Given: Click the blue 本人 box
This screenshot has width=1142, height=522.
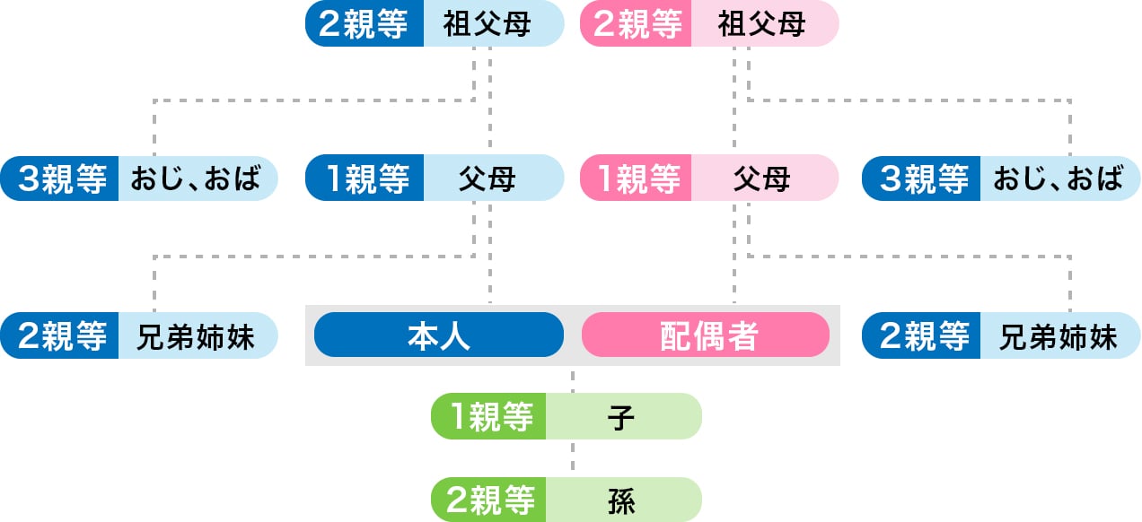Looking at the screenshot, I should (439, 335).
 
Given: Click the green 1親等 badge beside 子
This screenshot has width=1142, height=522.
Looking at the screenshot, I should (490, 417).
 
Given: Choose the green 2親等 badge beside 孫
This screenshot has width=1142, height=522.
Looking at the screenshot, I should (490, 500).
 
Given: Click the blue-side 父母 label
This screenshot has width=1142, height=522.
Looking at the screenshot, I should (488, 179).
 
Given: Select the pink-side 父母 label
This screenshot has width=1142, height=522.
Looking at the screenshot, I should (762, 179).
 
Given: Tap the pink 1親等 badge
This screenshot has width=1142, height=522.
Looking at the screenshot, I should (638, 179).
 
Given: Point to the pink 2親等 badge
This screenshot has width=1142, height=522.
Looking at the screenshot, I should (638, 24).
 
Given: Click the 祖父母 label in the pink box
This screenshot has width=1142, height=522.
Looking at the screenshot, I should (762, 24).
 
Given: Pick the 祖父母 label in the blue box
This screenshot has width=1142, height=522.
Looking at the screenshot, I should (488, 24).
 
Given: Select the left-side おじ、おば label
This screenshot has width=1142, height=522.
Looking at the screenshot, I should (196, 179).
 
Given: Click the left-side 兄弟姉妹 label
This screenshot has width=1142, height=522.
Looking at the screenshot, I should (196, 336).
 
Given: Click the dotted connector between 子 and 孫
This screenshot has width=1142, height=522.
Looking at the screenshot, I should (573, 458).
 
